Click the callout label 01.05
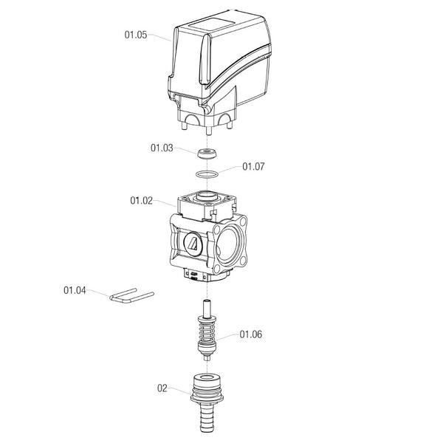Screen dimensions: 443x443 pyautogui.click(x=136, y=35)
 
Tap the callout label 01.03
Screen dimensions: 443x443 pyautogui.click(x=162, y=148)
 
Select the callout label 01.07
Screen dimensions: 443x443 pyautogui.click(x=253, y=166)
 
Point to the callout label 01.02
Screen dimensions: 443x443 pyautogui.click(x=141, y=201)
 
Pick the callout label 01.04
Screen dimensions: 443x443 pyautogui.click(x=75, y=290)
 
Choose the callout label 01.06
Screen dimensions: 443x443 pyautogui.click(x=250, y=334)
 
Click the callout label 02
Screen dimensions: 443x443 pyautogui.click(x=162, y=388)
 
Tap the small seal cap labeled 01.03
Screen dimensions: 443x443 pyautogui.click(x=207, y=154)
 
